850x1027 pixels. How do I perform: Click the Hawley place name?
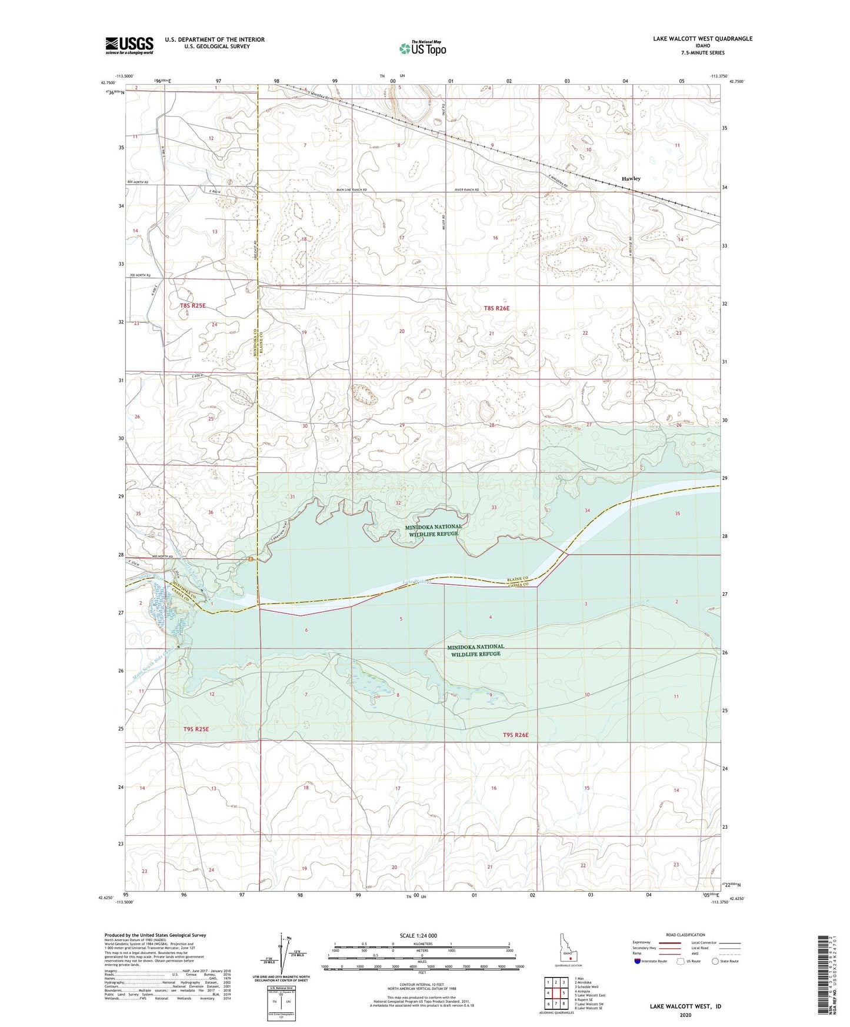(x=631, y=178)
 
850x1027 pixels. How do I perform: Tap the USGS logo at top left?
(x=129, y=45)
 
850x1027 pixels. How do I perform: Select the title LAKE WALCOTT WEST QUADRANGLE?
(x=702, y=39)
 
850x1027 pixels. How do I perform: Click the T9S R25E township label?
(x=196, y=729)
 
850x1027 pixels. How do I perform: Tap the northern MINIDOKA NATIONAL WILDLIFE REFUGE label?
(x=434, y=531)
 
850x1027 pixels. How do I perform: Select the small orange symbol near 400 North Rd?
(x=251, y=559)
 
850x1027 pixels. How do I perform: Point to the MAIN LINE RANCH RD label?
(x=351, y=190)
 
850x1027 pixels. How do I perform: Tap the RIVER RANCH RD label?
(x=467, y=190)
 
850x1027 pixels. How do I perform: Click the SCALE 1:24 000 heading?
(x=418, y=935)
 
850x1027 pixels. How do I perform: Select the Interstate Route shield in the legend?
(x=638, y=961)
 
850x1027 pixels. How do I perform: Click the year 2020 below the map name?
(x=685, y=1015)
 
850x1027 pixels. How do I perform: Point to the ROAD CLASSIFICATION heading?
(x=685, y=935)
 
